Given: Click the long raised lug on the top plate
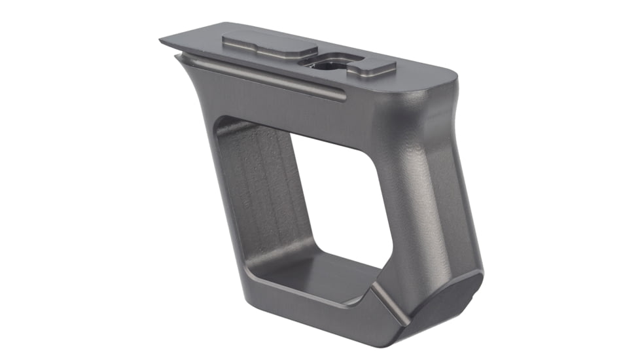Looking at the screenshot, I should click(x=268, y=46).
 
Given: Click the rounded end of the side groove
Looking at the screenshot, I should click(x=341, y=98).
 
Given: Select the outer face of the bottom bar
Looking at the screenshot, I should click(x=294, y=314).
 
